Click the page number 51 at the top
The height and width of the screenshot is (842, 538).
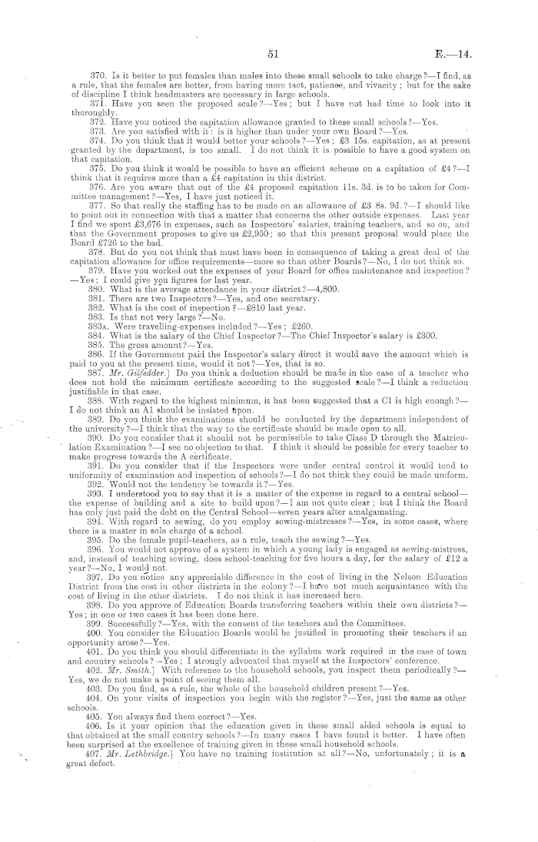tap(272, 53)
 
